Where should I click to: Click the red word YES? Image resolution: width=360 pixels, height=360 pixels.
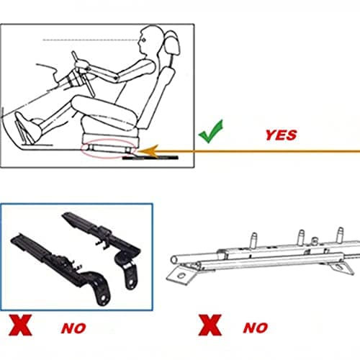pyautogui.click(x=281, y=135)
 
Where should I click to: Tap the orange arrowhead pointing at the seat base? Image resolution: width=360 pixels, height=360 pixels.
pyautogui.click(x=148, y=151)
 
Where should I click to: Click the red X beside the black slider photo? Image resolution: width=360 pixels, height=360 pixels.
pyautogui.click(x=20, y=325)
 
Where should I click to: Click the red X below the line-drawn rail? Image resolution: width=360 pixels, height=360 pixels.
pyautogui.click(x=210, y=325)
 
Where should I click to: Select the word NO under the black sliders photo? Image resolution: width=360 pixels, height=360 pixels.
pyautogui.click(x=73, y=328)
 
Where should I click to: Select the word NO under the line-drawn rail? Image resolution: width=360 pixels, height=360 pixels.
pyautogui.click(x=256, y=328)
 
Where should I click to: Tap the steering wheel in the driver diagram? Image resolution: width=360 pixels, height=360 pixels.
pyautogui.click(x=83, y=73)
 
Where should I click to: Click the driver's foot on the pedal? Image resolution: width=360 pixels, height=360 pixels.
pyautogui.click(x=28, y=127)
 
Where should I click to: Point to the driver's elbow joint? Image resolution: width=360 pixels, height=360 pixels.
pyautogui.click(x=117, y=78)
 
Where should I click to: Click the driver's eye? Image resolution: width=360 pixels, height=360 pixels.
pyautogui.click(x=143, y=40)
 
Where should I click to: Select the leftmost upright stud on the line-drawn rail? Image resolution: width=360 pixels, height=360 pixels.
pyautogui.click(x=253, y=240)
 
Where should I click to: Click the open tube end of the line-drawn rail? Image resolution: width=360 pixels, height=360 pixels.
pyautogui.click(x=174, y=260)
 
